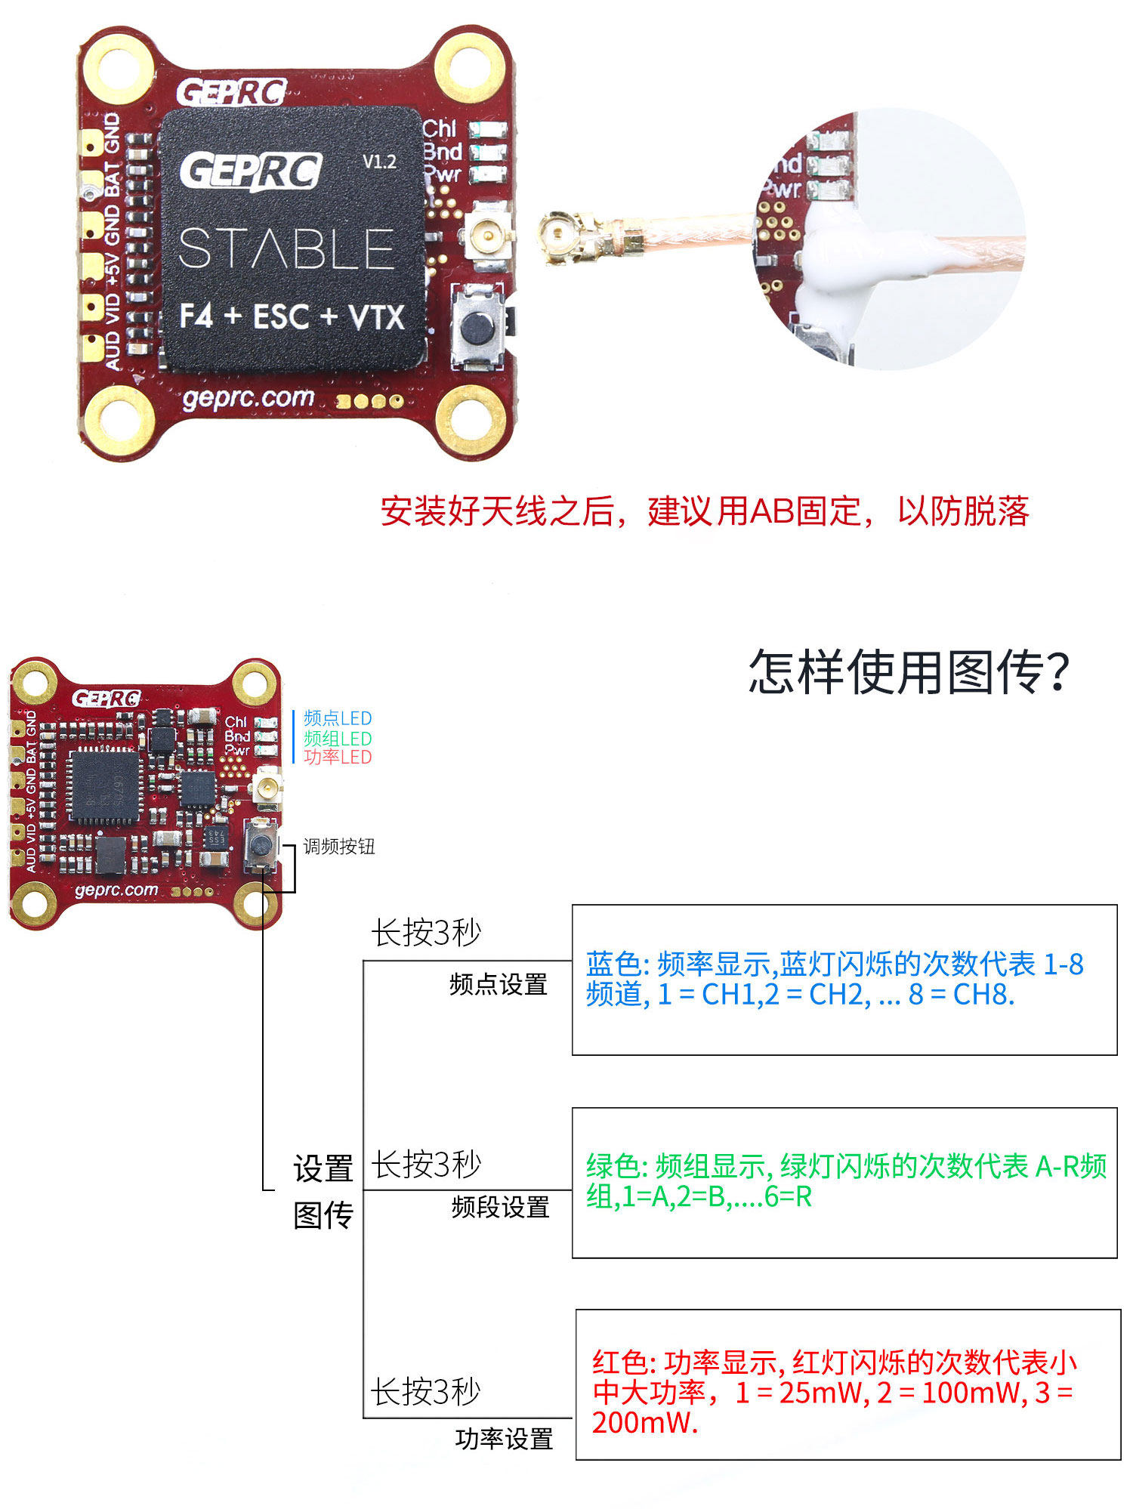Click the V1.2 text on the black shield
(x=379, y=162)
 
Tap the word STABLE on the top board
(x=286, y=249)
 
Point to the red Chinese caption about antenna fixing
(x=704, y=511)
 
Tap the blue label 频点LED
(x=338, y=718)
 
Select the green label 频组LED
(x=338, y=738)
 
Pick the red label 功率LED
(x=338, y=757)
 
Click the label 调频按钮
(x=339, y=846)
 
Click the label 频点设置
(x=498, y=984)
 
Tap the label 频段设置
(x=500, y=1207)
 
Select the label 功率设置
(x=504, y=1439)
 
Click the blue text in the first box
(x=834, y=979)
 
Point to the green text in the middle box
(x=845, y=1180)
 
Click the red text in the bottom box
(x=834, y=1392)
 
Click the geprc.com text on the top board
(x=248, y=398)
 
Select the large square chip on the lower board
(x=105, y=786)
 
